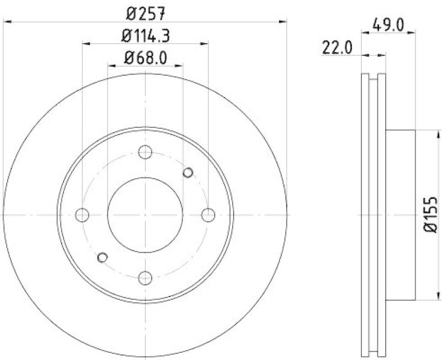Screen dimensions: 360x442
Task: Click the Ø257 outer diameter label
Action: point(145,12)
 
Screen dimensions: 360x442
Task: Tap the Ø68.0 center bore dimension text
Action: point(145,57)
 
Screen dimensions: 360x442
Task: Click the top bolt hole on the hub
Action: point(145,152)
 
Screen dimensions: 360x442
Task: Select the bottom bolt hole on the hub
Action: point(145,277)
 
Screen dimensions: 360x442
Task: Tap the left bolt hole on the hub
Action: point(82,215)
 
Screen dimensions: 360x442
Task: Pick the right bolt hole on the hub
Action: point(208,215)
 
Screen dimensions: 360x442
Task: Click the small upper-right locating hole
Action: point(188,173)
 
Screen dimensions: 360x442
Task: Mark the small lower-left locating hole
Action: point(102,257)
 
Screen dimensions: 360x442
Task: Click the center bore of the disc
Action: point(145,215)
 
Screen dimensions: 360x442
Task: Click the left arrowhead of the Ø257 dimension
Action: point(7,22)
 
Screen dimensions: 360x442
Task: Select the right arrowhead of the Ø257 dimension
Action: point(284,22)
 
